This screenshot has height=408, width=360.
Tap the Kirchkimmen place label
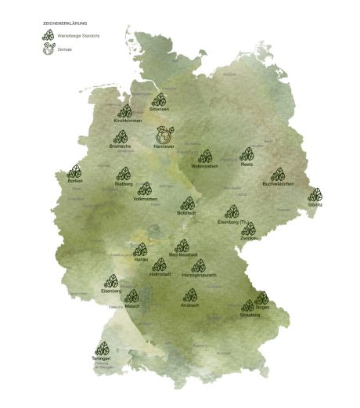pos(125,121)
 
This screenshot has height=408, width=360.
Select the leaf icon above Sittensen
pos(159,100)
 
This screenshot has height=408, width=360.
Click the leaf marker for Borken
pos(75,172)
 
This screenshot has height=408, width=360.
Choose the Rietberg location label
pos(124,185)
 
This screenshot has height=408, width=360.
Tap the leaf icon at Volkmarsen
pos(145,189)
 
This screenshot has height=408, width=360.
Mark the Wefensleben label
pos(205,166)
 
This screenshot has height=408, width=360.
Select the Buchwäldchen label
pos(278,184)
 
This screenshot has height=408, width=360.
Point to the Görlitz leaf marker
pos(315,194)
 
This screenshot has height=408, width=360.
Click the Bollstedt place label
pos(187,213)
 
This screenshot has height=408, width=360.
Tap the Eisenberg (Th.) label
pos(232,222)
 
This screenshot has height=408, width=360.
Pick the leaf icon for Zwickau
pos(248,227)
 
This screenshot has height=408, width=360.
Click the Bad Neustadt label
pos(182,255)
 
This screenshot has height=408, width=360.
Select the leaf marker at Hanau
pos(141,250)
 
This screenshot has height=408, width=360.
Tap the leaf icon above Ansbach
pos(190,295)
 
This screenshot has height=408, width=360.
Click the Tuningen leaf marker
pos(102,349)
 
